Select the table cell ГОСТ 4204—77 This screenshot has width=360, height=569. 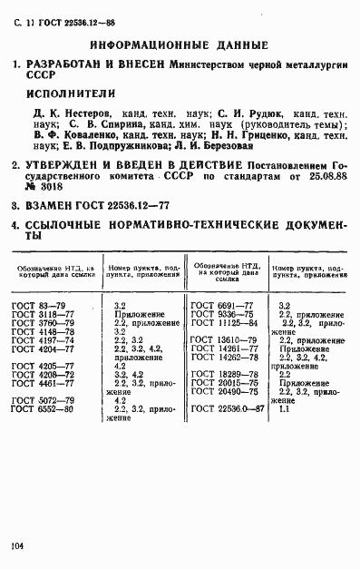coord(44,348)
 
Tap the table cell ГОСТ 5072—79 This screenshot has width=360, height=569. coord(44,400)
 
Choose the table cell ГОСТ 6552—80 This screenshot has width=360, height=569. coord(44,409)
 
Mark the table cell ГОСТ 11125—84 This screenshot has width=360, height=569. coord(225,323)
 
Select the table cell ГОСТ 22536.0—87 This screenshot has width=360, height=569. coord(229,409)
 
